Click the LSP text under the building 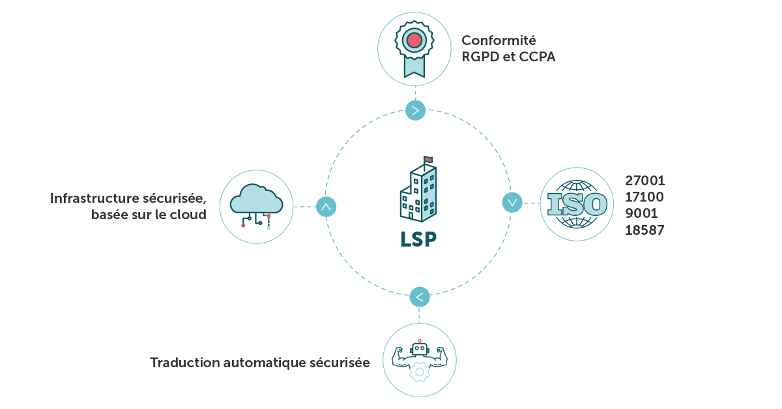click(418, 239)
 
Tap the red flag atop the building click(428, 159)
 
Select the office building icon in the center click(418, 192)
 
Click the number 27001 click(644, 181)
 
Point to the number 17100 click(644, 197)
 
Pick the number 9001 click(641, 213)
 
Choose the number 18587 click(644, 230)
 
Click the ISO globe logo click(577, 204)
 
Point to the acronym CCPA click(537, 57)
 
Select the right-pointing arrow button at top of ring click(415, 110)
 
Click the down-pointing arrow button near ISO click(512, 202)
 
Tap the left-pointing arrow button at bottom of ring click(420, 297)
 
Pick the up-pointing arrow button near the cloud click(326, 207)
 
